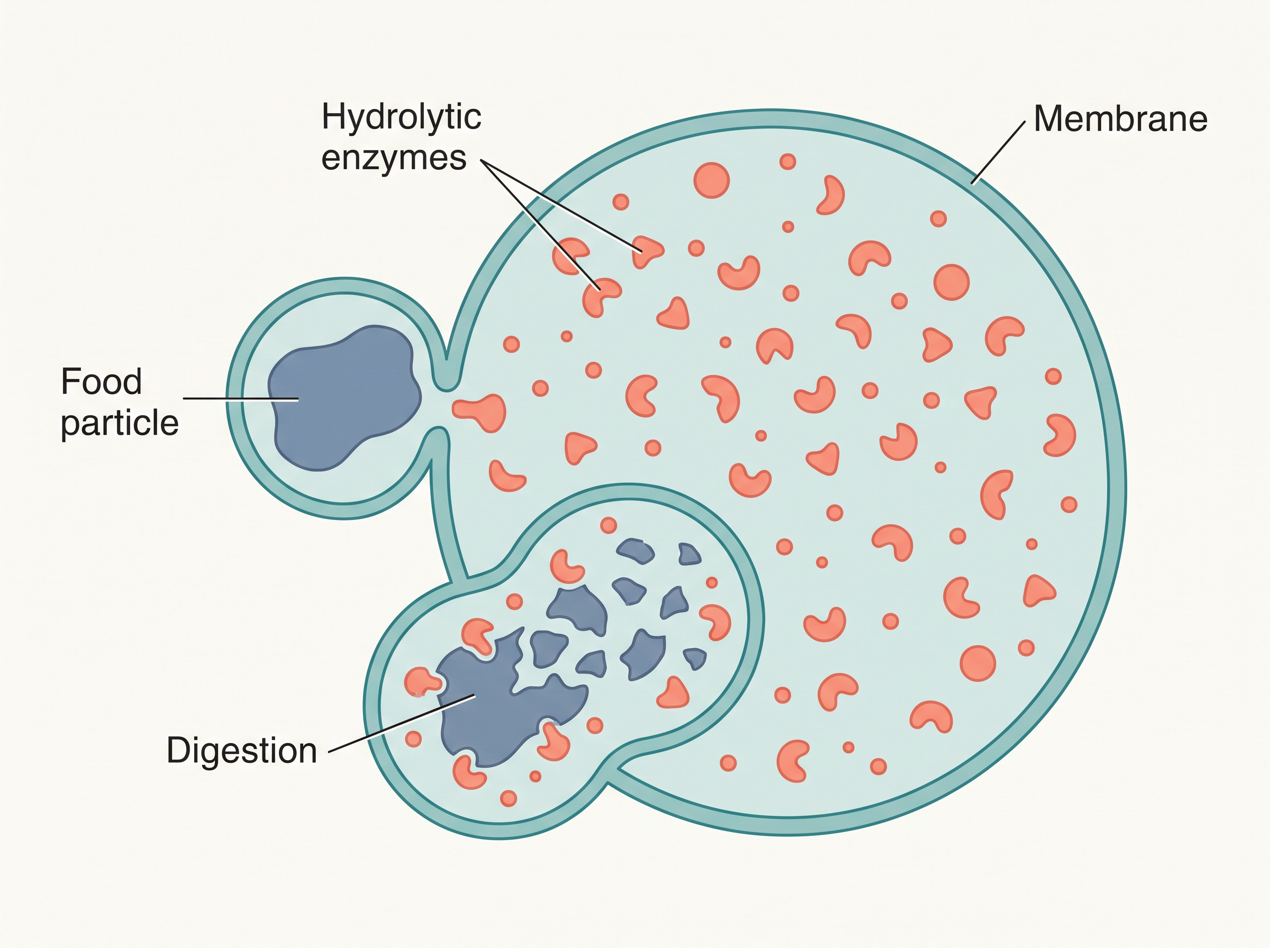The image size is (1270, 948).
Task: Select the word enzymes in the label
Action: point(394,158)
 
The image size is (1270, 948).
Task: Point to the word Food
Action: point(102,381)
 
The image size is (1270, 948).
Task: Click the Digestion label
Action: point(242,751)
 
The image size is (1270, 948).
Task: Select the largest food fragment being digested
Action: point(505,700)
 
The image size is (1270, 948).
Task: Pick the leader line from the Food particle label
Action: point(241,398)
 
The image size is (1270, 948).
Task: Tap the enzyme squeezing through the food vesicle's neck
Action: point(480,412)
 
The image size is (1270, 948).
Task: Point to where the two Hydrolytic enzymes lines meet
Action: point(482,162)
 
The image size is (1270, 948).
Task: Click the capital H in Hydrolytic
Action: point(333,116)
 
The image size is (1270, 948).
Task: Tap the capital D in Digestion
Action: point(178,750)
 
